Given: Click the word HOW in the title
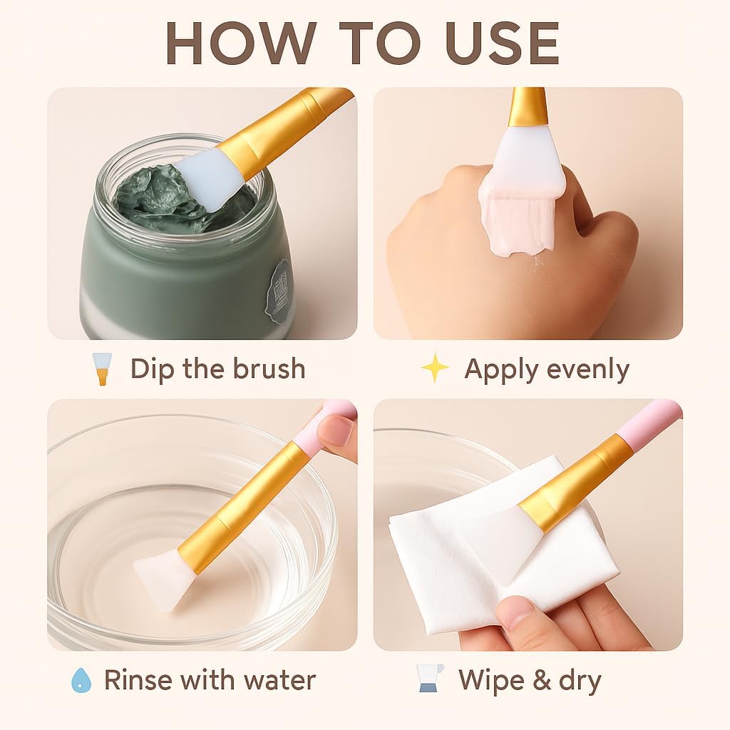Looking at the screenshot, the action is pyautogui.click(x=241, y=43).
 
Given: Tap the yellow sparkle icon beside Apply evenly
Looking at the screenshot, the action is pyautogui.click(x=434, y=368).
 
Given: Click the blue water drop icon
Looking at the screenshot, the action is pyautogui.click(x=81, y=680).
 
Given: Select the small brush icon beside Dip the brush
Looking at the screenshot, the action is pyautogui.click(x=102, y=369).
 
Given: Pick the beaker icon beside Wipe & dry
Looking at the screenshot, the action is pyautogui.click(x=429, y=679).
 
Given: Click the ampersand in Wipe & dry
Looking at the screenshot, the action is pyautogui.click(x=542, y=680).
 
